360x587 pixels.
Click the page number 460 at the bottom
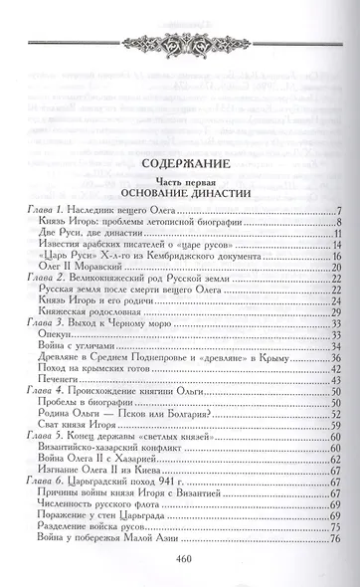(180, 557)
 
